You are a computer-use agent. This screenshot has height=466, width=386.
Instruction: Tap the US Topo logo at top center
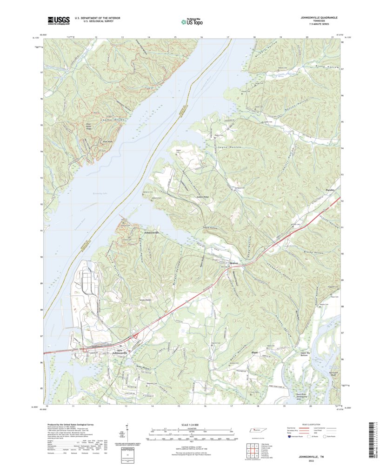[192, 20]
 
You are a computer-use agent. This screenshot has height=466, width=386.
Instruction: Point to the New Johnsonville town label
[121, 352]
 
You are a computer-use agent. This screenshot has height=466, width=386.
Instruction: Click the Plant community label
[254, 353]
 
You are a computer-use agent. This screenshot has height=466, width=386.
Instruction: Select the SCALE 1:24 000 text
[191, 425]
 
